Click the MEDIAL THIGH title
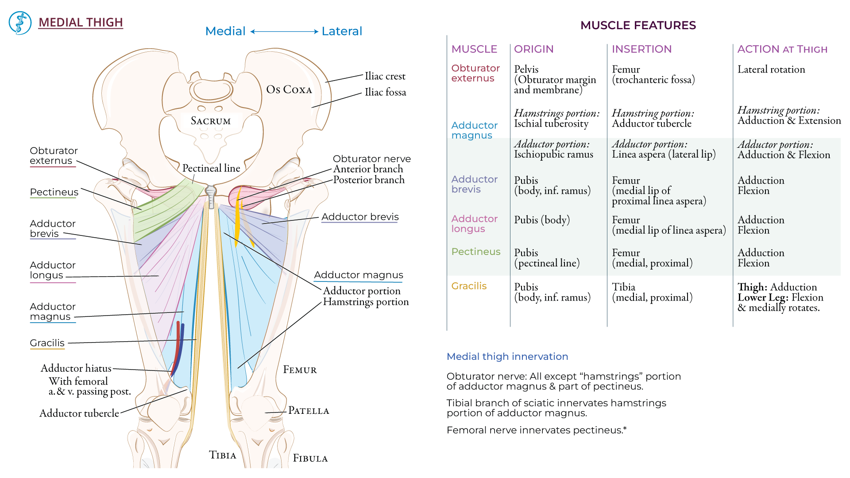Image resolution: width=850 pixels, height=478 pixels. point(81,23)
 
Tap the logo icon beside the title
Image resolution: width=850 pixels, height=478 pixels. point(20,23)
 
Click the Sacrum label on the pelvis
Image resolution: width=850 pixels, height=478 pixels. point(211,121)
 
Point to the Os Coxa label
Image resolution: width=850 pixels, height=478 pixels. point(289,90)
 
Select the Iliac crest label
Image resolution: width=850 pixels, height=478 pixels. point(385,76)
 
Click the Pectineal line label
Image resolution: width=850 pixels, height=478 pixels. point(211,168)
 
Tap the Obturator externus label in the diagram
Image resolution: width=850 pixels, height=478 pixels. point(54,156)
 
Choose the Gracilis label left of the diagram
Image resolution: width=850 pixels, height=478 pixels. point(47,343)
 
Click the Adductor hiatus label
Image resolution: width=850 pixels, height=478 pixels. point(76,368)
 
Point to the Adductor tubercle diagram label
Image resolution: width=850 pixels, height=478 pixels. point(79,413)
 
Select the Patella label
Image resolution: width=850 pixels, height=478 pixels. point(309,411)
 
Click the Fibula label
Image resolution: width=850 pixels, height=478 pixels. point(310,459)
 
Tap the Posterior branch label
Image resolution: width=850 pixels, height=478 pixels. point(369,180)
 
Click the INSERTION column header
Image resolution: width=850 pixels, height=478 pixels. point(641,49)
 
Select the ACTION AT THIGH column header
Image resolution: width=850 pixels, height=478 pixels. point(782,49)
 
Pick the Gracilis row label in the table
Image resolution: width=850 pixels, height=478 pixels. point(469,286)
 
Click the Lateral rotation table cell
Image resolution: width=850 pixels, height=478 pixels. point(771,69)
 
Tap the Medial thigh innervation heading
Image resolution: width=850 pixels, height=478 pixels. point(507,357)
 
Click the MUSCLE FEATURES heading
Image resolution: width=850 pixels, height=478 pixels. point(638,25)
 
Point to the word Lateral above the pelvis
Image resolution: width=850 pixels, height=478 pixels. point(342,31)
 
